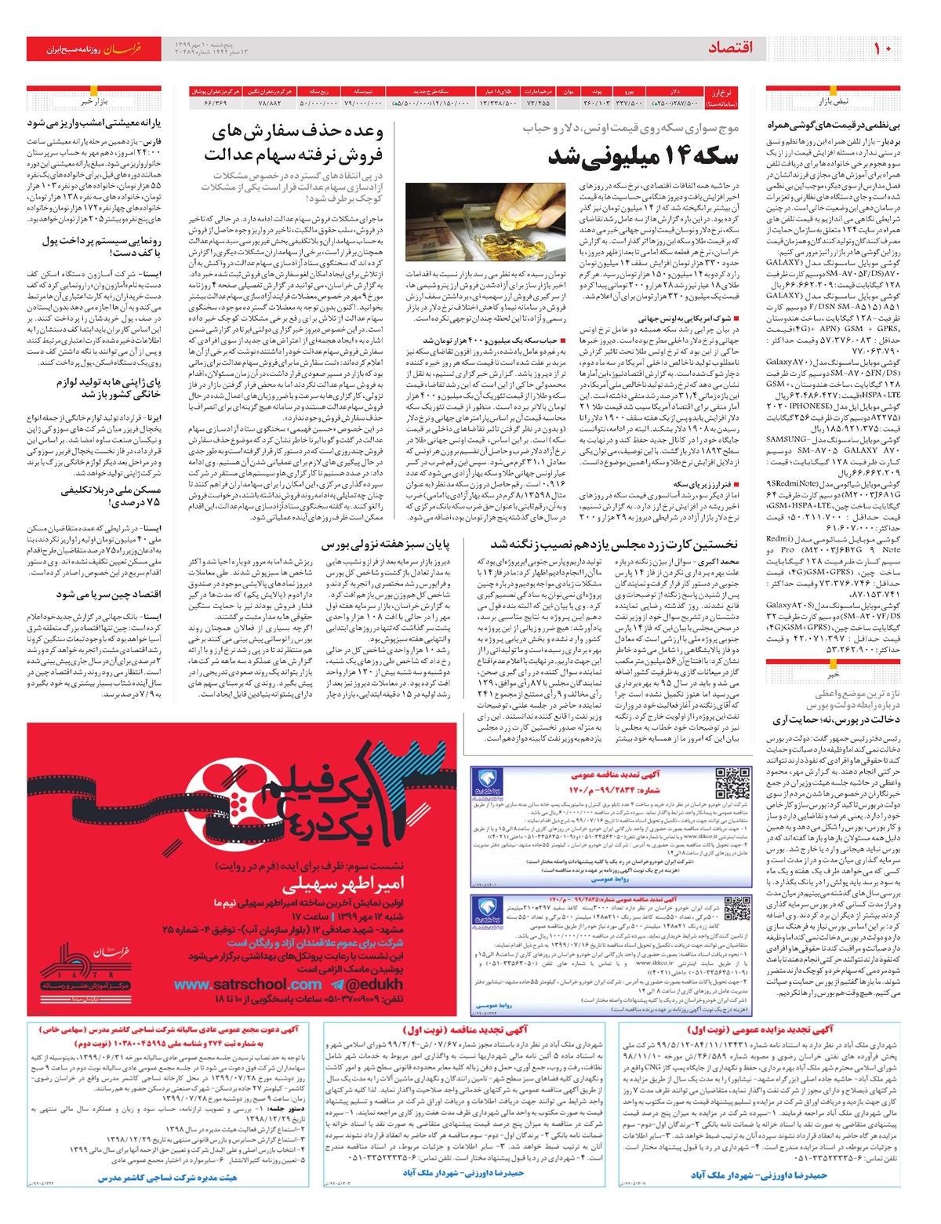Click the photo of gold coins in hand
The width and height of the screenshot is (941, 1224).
point(485,222)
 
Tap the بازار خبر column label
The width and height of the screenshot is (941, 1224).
point(93,102)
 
